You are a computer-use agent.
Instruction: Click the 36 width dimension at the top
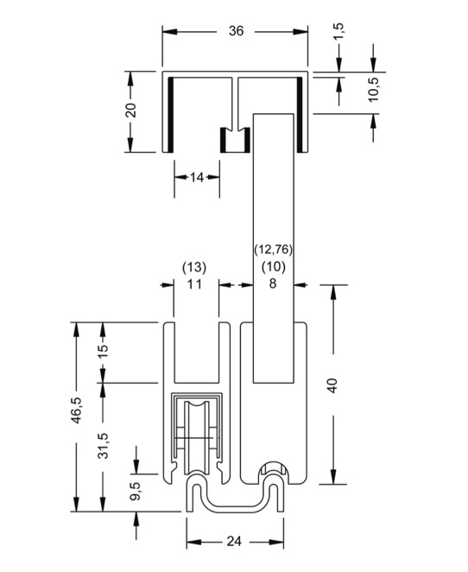(236, 31)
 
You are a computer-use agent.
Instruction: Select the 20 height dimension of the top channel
(131, 110)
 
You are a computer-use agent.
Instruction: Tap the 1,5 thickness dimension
(338, 31)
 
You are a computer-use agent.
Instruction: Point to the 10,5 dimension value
(373, 89)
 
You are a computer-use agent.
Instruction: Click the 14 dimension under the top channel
(197, 178)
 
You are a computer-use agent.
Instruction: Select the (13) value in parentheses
(194, 267)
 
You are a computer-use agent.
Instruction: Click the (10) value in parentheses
(274, 267)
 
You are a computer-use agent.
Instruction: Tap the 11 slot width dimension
(194, 283)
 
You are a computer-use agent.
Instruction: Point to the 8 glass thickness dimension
(273, 283)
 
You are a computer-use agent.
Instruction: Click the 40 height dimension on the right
(332, 385)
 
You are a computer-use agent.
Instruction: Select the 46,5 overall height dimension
(77, 410)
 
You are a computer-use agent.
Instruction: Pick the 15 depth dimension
(104, 351)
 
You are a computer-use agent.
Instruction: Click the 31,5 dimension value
(104, 445)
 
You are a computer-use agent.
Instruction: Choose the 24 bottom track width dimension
(234, 542)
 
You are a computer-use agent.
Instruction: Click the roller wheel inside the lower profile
(197, 437)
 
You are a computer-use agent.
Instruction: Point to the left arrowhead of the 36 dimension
(170, 32)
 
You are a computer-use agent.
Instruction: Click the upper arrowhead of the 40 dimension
(333, 292)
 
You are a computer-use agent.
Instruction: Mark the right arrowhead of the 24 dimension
(276, 542)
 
